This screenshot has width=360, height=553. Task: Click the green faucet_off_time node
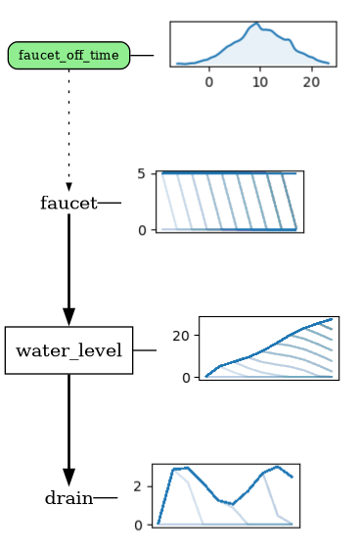coord(68,56)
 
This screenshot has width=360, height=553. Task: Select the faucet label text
coord(68,204)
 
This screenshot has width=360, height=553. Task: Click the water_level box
coord(68,350)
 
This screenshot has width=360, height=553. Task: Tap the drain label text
coord(68,498)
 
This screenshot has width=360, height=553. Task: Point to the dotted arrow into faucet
coord(68,127)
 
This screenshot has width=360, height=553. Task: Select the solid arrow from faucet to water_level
coord(68,269)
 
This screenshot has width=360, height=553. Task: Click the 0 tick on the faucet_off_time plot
coord(209,81)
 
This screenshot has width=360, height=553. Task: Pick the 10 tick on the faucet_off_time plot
coord(259,81)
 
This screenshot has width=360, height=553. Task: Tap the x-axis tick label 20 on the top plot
coord(310,81)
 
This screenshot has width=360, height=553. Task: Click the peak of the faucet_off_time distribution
coord(256,23)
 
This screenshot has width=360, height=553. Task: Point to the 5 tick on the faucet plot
coord(142,174)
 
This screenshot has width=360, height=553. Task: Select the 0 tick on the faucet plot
coord(142,230)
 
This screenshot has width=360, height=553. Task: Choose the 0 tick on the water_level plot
coord(188,377)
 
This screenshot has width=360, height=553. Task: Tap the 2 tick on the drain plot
coord(138,486)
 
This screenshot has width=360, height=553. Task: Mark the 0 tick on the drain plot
coord(138,525)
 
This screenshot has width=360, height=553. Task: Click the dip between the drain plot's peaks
coord(232,503)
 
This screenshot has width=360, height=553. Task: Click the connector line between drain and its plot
coord(106,498)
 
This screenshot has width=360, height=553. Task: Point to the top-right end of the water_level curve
coord(332,319)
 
